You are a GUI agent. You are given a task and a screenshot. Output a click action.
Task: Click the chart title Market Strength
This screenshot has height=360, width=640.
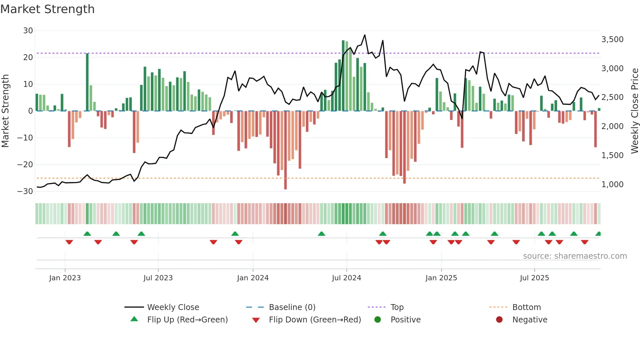pyautogui.click(x=47, y=9)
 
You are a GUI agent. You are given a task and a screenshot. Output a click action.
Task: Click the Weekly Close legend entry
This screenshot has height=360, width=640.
pyautogui.click(x=173, y=307)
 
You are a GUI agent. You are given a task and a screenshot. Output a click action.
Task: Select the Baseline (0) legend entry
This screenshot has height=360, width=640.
pyautogui.click(x=292, y=307)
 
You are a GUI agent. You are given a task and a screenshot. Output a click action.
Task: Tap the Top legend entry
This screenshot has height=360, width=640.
pyautogui.click(x=397, y=307)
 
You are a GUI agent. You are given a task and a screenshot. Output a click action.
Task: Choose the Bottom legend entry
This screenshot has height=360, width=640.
pyautogui.click(x=526, y=307)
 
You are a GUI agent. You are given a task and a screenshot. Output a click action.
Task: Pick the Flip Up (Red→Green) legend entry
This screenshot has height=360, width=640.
pyautogui.click(x=187, y=319)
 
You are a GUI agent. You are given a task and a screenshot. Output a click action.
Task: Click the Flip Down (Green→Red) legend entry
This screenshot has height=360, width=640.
pyautogui.click(x=315, y=319)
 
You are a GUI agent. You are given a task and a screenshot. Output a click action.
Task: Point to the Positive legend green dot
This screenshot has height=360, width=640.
pyautogui.click(x=378, y=319)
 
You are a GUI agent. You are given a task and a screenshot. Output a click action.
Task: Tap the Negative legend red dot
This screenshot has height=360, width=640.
pyautogui.click(x=499, y=319)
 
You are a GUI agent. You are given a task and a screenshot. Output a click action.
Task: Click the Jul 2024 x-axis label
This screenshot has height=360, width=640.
pyautogui.click(x=346, y=278)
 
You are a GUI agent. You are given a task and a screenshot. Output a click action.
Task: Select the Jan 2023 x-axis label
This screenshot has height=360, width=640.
pyautogui.click(x=65, y=278)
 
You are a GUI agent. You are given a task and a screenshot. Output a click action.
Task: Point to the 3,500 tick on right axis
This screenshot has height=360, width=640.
pyautogui.click(x=612, y=40)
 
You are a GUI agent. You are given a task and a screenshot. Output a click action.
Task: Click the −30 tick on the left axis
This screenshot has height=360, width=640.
pyautogui.click(x=25, y=191)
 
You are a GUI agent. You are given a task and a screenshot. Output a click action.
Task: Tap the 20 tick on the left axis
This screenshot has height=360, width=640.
pyautogui.click(x=28, y=57)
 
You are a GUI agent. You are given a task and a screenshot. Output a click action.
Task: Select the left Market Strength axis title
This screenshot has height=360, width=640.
pyautogui.click(x=5, y=111)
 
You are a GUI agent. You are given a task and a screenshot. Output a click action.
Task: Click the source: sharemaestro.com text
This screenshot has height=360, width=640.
pyautogui.click(x=575, y=256)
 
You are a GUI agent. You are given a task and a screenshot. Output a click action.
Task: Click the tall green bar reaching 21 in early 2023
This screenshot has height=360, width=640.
pyautogui.click(x=87, y=82)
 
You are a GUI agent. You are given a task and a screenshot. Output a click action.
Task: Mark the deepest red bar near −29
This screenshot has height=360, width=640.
pyautogui.click(x=285, y=150)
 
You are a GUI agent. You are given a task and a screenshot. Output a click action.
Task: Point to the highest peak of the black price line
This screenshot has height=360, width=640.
pyautogui.click(x=365, y=35)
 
